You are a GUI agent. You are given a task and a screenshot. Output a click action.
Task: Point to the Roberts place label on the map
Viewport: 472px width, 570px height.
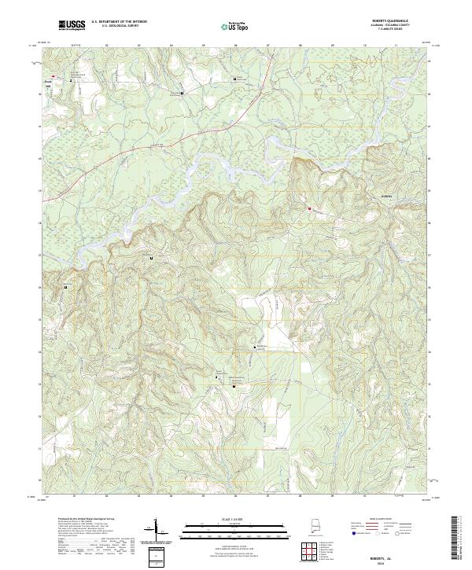(x=386, y=196)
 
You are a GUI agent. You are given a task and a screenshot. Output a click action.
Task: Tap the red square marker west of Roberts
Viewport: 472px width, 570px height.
(x=309, y=208)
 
